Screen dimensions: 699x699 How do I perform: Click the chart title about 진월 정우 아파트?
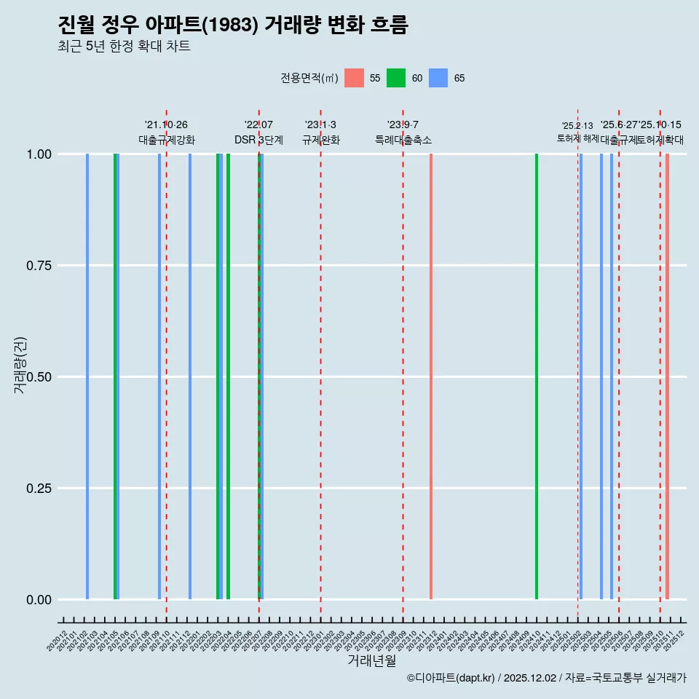233,25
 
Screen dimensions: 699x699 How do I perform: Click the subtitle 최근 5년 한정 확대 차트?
124,47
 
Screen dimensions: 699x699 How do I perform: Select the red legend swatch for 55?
354,78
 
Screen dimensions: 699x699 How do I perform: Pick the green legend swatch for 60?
396,78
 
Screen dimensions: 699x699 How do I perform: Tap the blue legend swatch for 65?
438,78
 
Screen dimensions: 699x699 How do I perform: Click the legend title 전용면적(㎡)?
309,78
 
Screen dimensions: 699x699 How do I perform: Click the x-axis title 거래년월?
372,661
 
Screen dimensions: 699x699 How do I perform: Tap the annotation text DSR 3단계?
258,140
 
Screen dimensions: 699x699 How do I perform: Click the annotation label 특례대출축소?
403,140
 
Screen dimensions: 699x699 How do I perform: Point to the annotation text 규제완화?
321,140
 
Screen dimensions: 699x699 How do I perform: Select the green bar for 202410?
537,376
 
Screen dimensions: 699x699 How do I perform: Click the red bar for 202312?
431,376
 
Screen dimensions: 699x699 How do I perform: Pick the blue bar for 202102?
87,376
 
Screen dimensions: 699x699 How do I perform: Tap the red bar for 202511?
667,376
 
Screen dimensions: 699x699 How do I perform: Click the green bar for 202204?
228,376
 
